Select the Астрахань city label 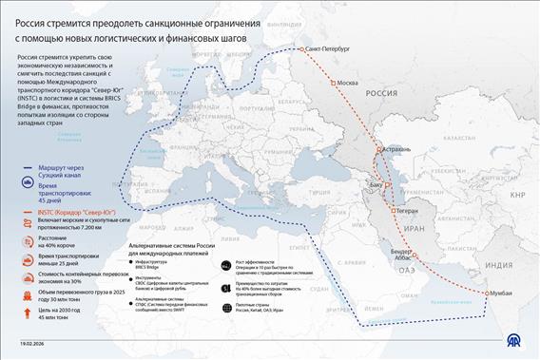tap(396, 149)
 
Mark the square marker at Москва tap(334, 83)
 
